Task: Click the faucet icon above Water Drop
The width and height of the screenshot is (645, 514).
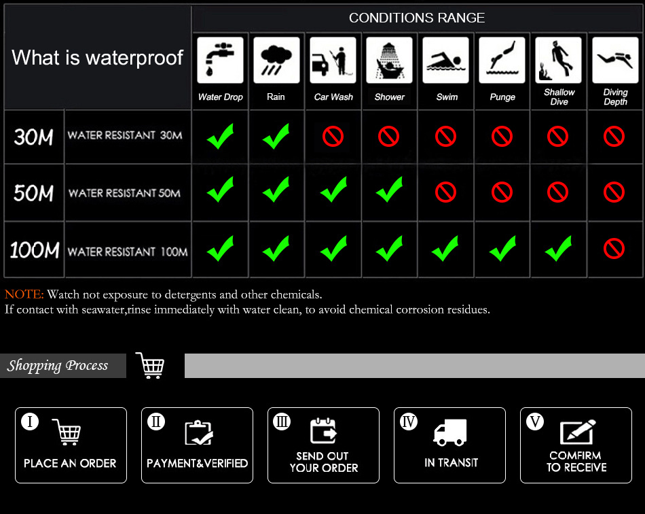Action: point(220,60)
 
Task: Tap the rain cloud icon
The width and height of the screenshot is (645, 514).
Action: point(276,60)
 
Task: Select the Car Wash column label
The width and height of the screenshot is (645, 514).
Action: point(333,97)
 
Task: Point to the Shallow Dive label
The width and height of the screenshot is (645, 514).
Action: point(559,97)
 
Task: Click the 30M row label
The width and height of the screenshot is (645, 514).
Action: point(33,137)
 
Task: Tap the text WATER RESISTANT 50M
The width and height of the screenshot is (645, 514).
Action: point(124,193)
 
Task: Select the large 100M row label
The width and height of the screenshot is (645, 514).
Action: point(35,250)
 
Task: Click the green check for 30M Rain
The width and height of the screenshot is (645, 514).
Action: point(276,137)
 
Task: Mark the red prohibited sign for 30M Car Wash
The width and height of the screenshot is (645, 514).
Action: point(333,137)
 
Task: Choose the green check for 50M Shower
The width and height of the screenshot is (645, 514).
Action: point(389,190)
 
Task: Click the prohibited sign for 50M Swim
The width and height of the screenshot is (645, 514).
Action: point(445,192)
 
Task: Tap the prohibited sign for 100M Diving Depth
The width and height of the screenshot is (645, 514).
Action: point(614,249)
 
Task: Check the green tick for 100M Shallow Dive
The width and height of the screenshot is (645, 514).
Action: point(558,248)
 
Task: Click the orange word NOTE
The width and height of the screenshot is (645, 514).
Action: point(24,294)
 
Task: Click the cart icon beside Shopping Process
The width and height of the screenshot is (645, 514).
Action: point(150,365)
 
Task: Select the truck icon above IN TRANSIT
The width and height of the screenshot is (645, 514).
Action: point(450,432)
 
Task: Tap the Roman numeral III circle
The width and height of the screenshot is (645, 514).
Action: point(282,422)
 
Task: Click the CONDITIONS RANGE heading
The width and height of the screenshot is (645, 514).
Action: point(417,18)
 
